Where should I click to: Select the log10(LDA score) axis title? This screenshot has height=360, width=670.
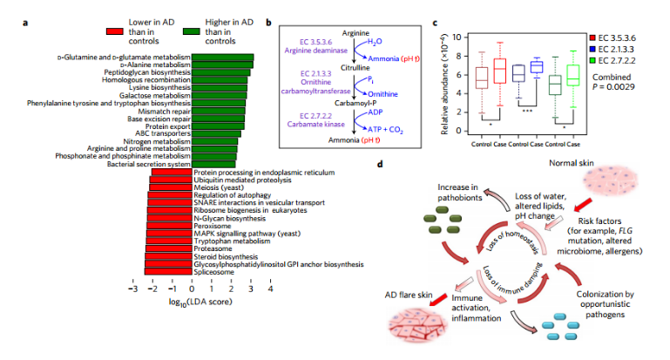(x=200, y=302)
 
